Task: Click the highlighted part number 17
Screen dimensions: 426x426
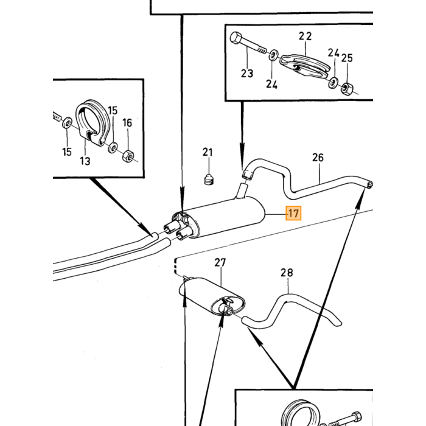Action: click(293, 213)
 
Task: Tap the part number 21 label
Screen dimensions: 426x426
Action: click(208, 152)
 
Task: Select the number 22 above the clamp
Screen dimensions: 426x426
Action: click(305, 36)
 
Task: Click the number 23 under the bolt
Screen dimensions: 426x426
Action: click(247, 74)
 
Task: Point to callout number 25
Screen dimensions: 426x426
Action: click(347, 58)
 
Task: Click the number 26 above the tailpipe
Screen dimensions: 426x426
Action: click(318, 158)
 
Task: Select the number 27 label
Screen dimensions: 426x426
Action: click(220, 263)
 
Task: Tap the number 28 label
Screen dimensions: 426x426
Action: click(287, 273)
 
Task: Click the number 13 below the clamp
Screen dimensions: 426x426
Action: click(85, 161)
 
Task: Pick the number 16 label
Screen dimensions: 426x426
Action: click(127, 123)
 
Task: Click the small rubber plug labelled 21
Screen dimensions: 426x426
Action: click(208, 179)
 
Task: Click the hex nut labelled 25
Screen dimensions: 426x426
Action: click(347, 88)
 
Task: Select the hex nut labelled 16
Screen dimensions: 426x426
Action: click(128, 156)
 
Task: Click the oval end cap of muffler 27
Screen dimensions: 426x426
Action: click(228, 305)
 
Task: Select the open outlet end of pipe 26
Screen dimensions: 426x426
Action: click(369, 185)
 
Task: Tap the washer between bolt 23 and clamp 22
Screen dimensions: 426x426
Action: click(273, 55)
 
